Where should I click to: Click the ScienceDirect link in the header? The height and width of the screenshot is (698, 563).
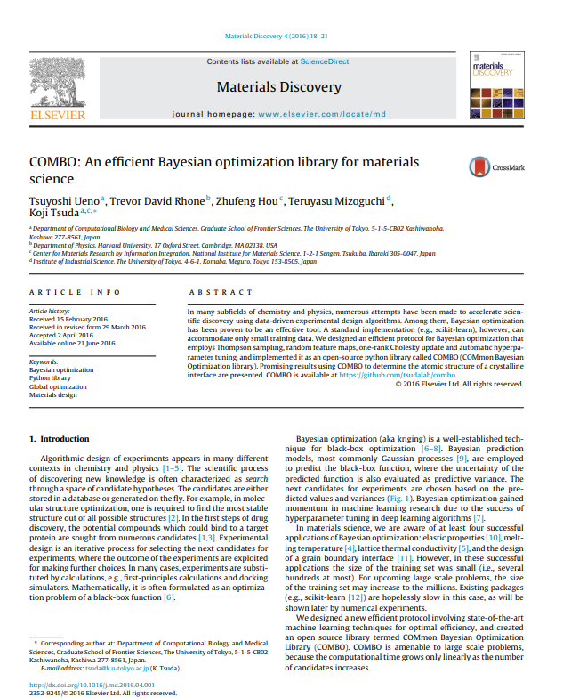coord(327,61)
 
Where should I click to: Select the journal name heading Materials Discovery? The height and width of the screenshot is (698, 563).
coord(278,87)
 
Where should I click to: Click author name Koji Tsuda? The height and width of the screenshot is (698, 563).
coord(52,212)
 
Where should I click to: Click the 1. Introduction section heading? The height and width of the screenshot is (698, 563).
coord(60,439)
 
